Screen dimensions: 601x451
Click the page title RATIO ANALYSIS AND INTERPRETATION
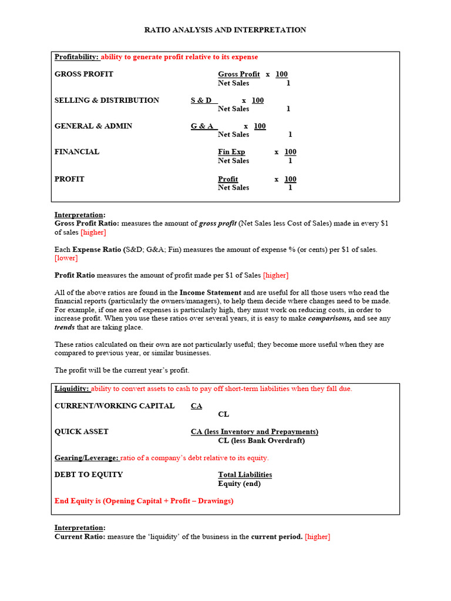(x=225, y=30)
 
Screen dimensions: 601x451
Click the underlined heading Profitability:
(x=76, y=57)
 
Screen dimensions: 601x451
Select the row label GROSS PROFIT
(x=84, y=74)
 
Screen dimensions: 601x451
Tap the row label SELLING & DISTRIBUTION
(x=107, y=100)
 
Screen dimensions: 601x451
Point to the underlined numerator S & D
(x=201, y=100)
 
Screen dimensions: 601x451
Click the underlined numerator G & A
(x=203, y=126)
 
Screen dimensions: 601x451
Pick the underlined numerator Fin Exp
(x=231, y=152)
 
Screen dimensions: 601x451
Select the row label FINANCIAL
(x=77, y=152)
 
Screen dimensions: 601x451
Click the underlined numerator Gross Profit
(x=238, y=74)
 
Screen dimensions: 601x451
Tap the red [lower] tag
(x=66, y=258)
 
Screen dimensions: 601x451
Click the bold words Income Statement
(x=210, y=292)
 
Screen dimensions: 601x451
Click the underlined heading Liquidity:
(x=72, y=389)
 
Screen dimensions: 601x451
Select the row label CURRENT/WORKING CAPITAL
(x=115, y=406)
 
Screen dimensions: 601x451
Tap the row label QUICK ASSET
(x=82, y=432)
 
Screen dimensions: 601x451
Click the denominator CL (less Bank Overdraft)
(x=261, y=441)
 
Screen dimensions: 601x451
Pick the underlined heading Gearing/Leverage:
(x=86, y=458)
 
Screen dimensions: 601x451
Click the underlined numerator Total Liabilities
(x=245, y=475)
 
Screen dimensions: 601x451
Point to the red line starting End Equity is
(x=144, y=501)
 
